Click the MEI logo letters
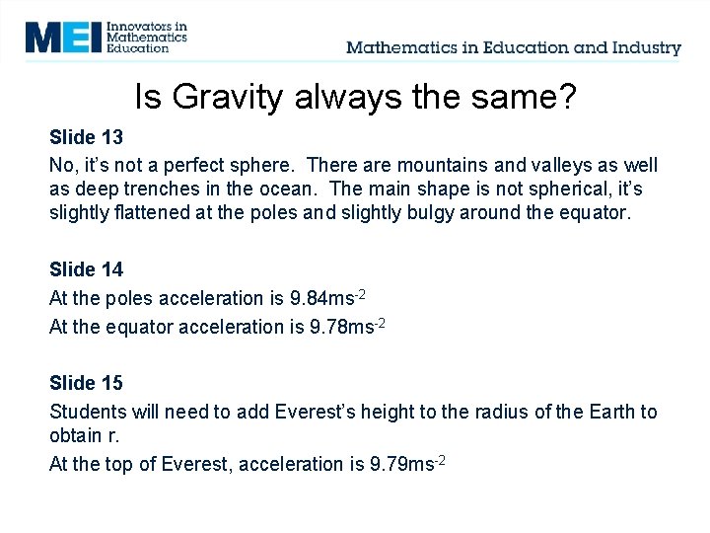tap(64, 37)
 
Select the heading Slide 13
tap(86, 136)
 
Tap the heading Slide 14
tap(86, 269)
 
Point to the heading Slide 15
tap(86, 383)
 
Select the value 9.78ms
tap(344, 328)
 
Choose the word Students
tap(88, 412)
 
